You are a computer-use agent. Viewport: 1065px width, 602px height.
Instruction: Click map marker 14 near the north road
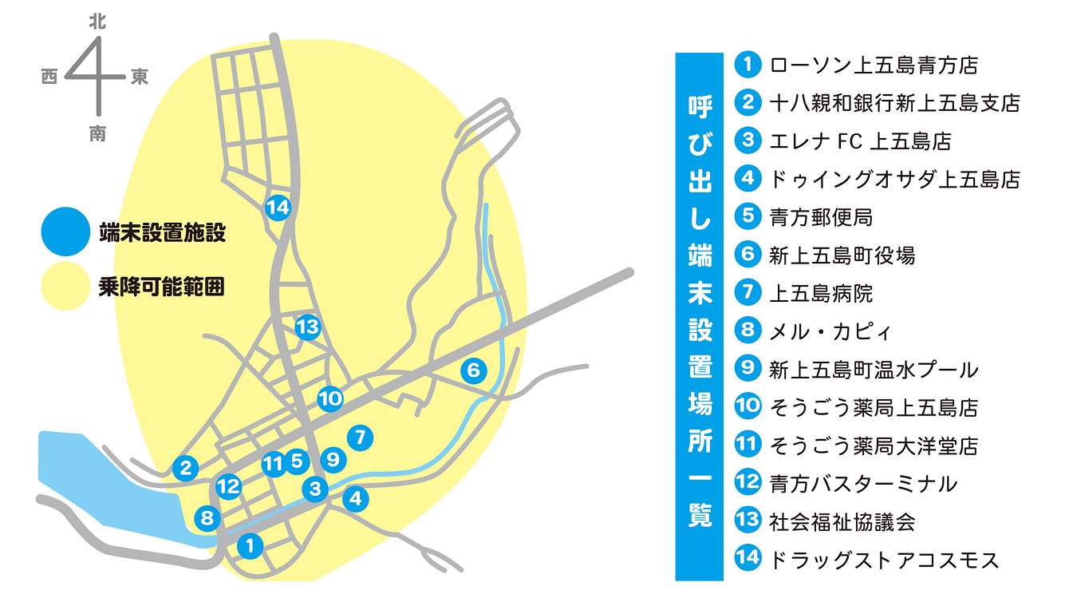click(x=278, y=208)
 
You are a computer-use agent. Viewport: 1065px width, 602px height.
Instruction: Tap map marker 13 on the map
click(x=307, y=327)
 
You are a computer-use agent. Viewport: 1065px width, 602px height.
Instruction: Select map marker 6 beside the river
click(x=473, y=370)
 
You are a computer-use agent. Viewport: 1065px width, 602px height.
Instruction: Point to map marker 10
click(x=330, y=398)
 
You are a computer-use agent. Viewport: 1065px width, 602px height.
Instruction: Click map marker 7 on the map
click(x=361, y=437)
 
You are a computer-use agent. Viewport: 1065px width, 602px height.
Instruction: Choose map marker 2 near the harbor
click(x=186, y=468)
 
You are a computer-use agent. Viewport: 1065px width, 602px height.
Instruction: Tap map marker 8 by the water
click(x=207, y=519)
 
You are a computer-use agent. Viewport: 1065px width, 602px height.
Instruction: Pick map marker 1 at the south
click(x=250, y=546)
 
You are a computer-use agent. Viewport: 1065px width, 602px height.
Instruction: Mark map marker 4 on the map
click(x=355, y=499)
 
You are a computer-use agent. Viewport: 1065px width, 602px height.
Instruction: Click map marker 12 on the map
click(x=229, y=485)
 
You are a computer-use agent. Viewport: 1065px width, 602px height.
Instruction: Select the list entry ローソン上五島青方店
click(x=874, y=65)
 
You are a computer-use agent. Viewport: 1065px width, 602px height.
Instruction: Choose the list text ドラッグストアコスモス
click(x=883, y=559)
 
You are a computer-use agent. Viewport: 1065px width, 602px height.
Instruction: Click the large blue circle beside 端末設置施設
click(x=65, y=232)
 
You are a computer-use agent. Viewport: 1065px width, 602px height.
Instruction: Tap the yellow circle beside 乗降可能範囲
click(x=65, y=286)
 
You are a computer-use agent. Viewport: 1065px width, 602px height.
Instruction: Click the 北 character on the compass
click(x=97, y=25)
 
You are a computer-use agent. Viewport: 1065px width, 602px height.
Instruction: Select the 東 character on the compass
click(x=140, y=77)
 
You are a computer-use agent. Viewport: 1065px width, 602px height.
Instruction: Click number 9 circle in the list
click(x=747, y=368)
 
